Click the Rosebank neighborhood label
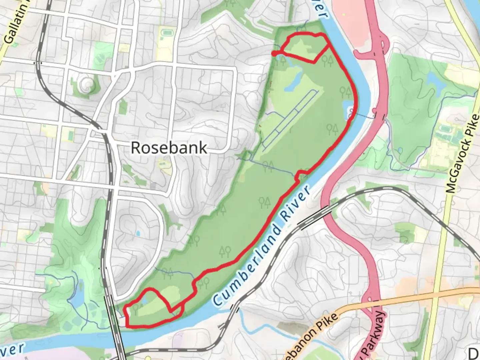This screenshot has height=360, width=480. (169, 148)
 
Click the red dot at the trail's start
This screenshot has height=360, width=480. (274, 53)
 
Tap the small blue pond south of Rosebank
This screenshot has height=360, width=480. (137, 234)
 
